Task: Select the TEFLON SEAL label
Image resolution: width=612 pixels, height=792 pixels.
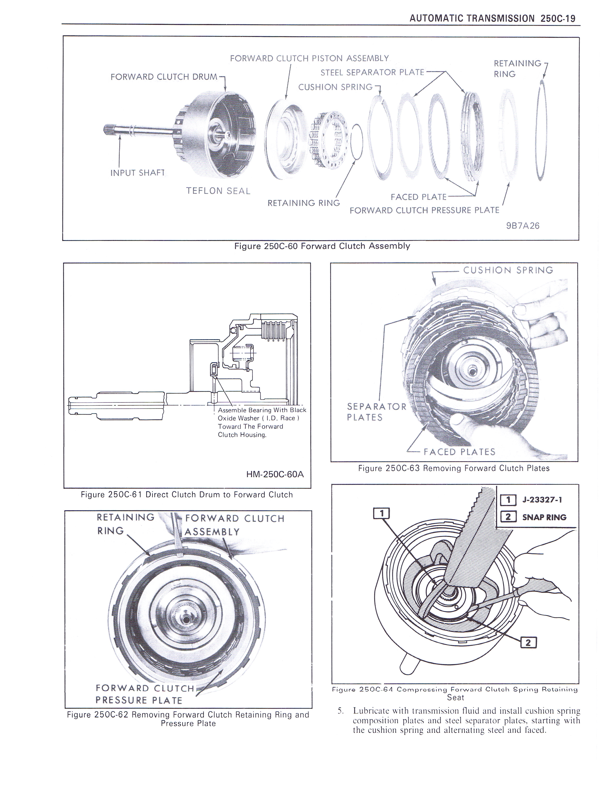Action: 218,191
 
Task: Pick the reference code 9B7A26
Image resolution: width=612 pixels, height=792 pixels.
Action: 522,226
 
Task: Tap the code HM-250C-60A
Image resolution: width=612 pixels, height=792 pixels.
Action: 275,474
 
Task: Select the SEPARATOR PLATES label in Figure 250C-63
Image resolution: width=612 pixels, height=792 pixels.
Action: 376,412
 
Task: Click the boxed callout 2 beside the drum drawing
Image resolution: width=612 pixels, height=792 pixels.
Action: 528,642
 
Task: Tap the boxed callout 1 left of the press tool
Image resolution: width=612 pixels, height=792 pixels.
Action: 381,513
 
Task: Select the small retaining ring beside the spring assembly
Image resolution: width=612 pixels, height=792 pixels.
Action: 356,141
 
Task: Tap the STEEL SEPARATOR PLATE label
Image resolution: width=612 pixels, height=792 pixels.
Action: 372,72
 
